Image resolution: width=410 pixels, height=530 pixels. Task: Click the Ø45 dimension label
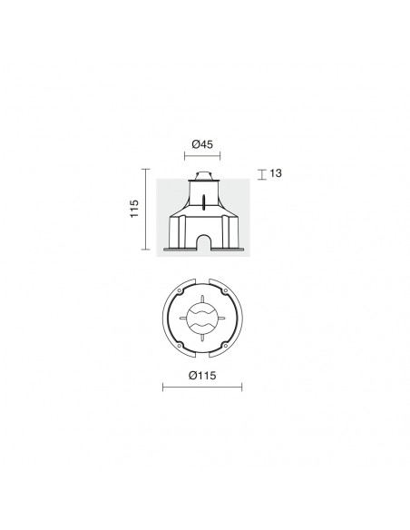[202, 144]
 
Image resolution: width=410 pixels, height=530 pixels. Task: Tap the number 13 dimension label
[276, 173]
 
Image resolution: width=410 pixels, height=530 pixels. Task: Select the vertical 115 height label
[134, 209]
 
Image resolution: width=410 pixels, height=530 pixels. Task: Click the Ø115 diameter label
[202, 375]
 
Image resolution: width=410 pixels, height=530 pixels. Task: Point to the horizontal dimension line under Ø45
[202, 156]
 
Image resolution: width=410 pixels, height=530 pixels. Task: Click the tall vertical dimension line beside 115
[145, 210]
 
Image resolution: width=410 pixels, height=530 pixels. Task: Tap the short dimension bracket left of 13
[262, 174]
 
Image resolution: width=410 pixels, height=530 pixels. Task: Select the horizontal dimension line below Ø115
[202, 387]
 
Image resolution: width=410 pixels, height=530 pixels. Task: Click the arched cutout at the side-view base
[203, 241]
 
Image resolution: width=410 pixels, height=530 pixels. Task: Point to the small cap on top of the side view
[202, 176]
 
